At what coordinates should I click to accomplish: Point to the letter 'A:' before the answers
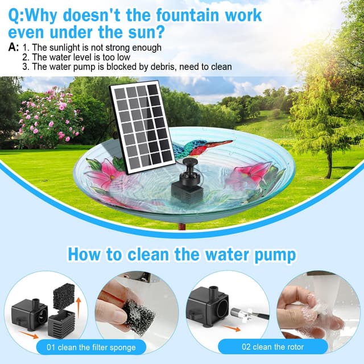click(x=13, y=47)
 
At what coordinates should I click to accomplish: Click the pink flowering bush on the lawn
click(x=51, y=117)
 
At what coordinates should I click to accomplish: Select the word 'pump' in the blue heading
click(x=276, y=254)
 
